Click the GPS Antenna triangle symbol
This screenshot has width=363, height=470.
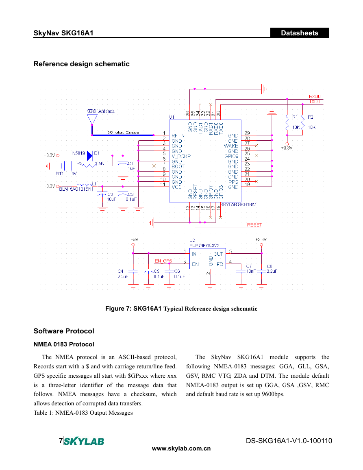[92, 119]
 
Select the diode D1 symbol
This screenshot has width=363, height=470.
[89, 156]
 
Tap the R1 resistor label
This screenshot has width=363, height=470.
[295, 117]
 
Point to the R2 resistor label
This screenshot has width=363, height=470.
[311, 117]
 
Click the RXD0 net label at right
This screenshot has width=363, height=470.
[315, 96]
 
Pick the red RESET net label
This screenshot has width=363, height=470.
[254, 225]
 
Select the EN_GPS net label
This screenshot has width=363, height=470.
[163, 261]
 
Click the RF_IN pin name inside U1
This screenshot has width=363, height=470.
[178, 136]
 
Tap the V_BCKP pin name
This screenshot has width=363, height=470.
[181, 156]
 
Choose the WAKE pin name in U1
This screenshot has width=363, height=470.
[231, 146]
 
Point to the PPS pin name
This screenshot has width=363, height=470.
[233, 182]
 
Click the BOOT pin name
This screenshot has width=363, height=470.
[178, 167]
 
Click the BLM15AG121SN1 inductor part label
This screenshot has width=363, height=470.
[76, 189]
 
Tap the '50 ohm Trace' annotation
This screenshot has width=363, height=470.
[123, 132]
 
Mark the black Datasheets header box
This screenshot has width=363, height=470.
[300, 33]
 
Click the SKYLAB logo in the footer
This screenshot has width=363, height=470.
[84, 442]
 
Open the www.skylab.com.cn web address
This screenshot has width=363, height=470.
[181, 448]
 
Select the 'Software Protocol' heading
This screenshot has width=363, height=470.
[64, 331]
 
